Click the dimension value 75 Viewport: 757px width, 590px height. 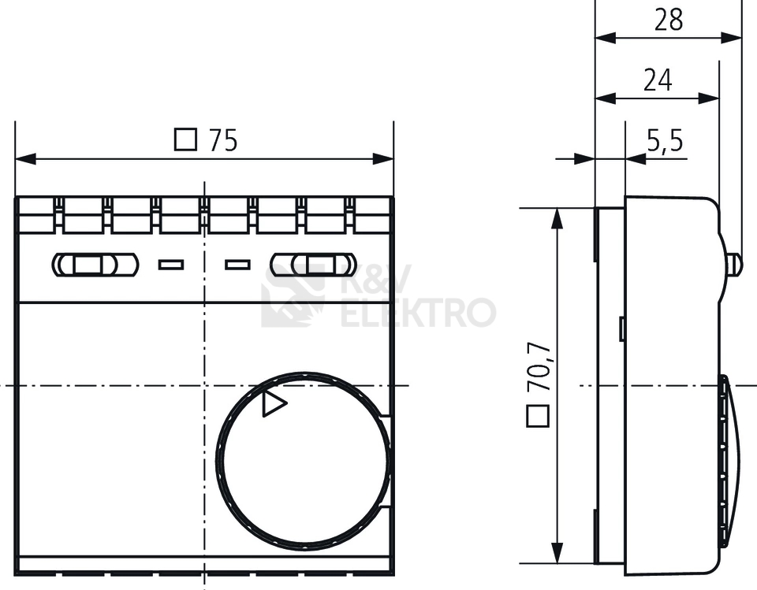[x=222, y=140]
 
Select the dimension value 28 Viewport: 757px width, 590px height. [x=669, y=19]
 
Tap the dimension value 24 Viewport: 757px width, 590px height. [x=657, y=80]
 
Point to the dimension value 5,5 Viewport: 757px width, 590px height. [x=665, y=142]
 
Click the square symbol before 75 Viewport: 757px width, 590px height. [x=185, y=139]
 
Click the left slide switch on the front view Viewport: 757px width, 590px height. [x=95, y=265]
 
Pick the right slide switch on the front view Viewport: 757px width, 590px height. [x=312, y=265]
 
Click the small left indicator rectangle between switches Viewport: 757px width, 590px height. [x=170, y=265]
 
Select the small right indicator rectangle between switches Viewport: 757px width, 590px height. [x=237, y=265]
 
